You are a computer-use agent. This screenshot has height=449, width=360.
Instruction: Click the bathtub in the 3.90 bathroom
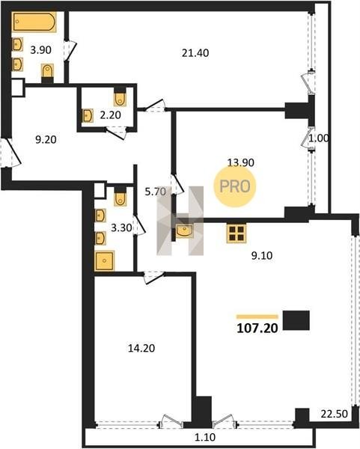34,22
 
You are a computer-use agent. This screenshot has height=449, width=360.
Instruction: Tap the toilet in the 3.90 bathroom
48,72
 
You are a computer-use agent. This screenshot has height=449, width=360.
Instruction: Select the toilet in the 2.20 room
120,97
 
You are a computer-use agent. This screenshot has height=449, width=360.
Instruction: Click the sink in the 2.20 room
88,115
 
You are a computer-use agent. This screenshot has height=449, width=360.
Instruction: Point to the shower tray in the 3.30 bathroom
105,260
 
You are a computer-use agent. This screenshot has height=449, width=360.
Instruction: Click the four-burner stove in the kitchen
237,233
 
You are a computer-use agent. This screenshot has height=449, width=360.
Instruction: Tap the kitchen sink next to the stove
184,230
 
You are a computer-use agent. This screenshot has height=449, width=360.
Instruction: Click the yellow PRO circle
235,186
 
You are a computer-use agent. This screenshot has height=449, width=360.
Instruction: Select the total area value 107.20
257,329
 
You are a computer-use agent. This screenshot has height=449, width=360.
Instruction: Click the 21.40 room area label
195,53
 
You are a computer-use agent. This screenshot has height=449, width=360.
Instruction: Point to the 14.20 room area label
141,348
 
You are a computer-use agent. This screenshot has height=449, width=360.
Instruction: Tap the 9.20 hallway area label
46,140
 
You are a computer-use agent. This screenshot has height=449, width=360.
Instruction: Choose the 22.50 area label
335,414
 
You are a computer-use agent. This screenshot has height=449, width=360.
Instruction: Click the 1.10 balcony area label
205,437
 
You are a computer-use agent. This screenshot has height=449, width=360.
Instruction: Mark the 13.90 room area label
240,162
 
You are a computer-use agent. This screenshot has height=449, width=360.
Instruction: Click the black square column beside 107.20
296,320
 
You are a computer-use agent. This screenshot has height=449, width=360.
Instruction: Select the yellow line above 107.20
257,317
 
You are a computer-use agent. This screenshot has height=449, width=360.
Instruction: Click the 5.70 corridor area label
156,192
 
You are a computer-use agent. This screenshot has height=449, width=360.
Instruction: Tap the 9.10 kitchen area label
262,255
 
